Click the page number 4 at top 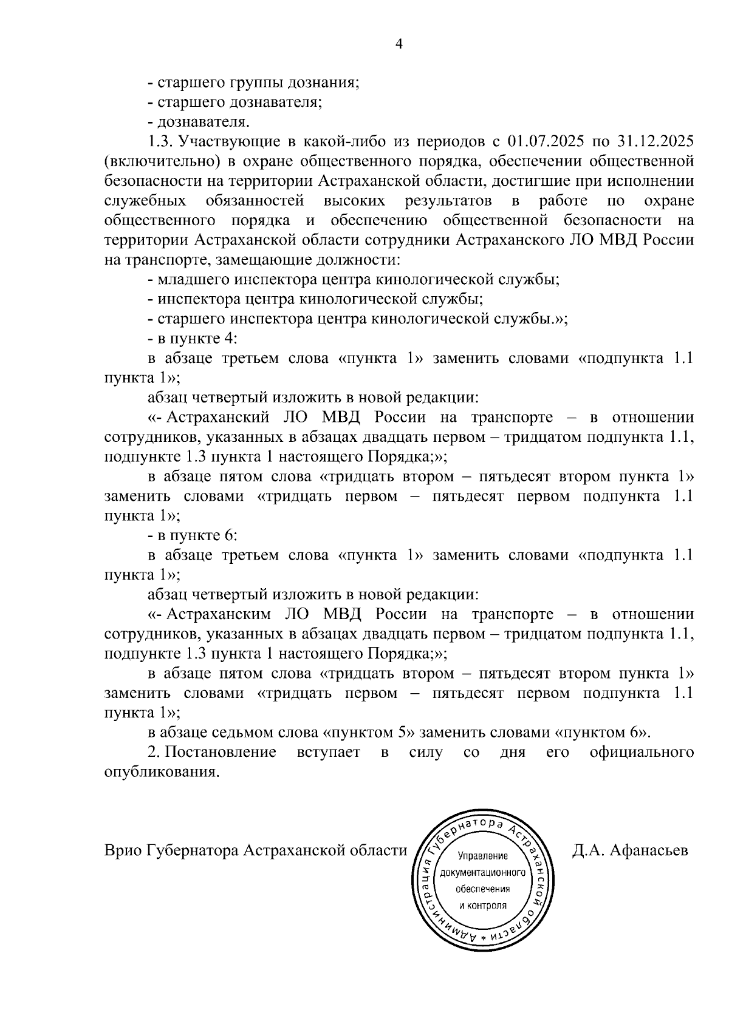pyautogui.click(x=399, y=44)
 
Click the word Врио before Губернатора pyautogui.click(x=123, y=850)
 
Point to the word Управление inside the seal pyautogui.click(x=483, y=855)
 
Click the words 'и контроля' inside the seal pyautogui.click(x=483, y=905)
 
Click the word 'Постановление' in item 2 pyautogui.click(x=221, y=753)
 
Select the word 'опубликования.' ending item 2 pyautogui.click(x=161, y=773)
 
